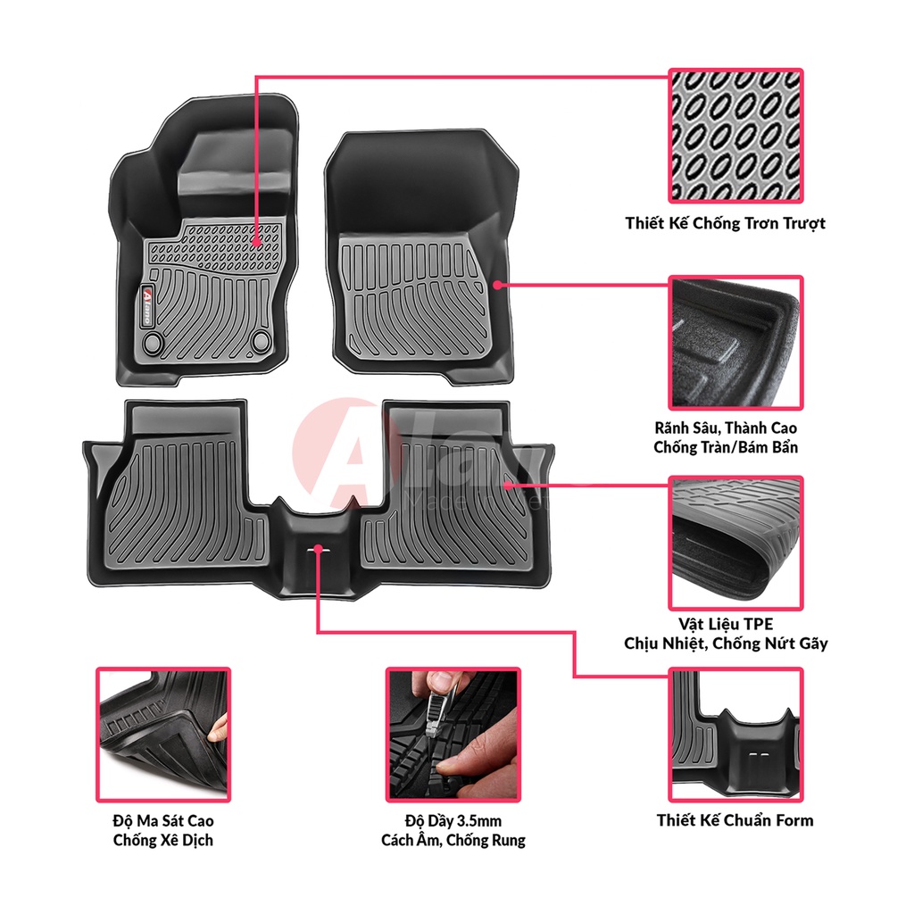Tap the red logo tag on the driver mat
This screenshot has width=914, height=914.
pos(148,295)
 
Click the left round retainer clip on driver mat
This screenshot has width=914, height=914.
pos(154,341)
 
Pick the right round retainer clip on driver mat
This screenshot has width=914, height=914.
pos(262,340)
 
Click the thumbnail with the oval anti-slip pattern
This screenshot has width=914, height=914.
pos(735,136)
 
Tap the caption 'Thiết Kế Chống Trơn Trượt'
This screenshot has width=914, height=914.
pos(725,223)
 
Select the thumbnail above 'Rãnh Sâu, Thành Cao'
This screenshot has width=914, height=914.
pos(735,342)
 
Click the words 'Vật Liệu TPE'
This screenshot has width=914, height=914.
pos(725,624)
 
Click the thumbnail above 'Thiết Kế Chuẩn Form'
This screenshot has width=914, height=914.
pos(735,734)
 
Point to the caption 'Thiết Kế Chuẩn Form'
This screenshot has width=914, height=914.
pos(735,819)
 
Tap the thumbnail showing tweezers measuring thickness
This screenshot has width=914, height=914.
pos(453,734)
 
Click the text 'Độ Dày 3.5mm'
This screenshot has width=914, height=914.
pos(453,820)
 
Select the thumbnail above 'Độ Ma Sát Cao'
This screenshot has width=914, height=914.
pos(163,734)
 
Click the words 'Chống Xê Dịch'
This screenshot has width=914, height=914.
pos(163,840)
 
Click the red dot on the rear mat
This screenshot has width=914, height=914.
pos(507,486)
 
